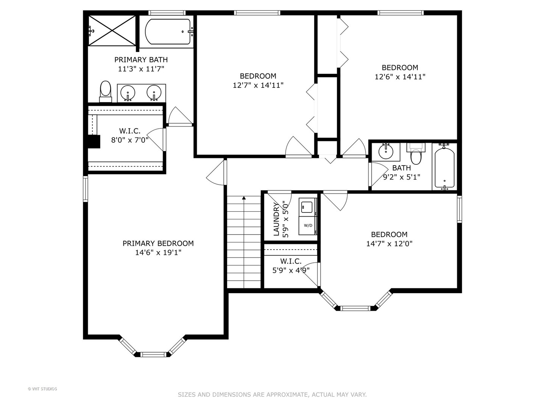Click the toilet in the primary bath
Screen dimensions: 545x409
tap(106, 91)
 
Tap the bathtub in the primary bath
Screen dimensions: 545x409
tap(168, 31)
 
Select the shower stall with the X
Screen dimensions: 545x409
tap(112, 31)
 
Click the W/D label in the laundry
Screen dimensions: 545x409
tap(308, 225)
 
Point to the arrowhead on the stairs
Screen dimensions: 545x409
tap(244, 198)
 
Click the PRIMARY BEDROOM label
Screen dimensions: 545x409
tap(158, 244)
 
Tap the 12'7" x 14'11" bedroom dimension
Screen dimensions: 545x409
tap(258, 86)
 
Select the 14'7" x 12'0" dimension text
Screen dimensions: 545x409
tap(389, 244)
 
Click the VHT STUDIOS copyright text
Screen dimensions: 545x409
tap(42, 389)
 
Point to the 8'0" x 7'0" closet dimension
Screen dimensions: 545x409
tap(129, 140)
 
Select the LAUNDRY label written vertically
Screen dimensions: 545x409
tap(276, 219)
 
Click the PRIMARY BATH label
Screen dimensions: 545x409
tap(141, 59)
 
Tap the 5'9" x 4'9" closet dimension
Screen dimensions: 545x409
tap(291, 270)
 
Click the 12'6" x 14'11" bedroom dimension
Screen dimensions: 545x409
tap(400, 77)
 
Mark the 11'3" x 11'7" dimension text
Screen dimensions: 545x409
tap(141, 69)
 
